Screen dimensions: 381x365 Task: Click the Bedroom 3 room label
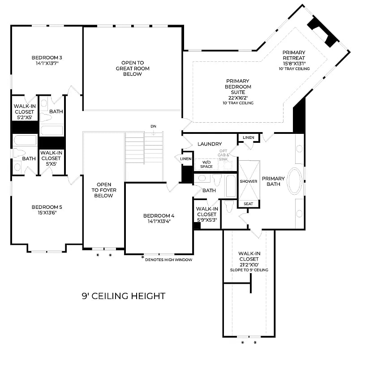pos(47,58)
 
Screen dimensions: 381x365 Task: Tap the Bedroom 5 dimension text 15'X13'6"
pos(47,213)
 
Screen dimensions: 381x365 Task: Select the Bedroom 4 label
pos(159,215)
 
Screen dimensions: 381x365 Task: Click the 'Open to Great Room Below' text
pos(132,68)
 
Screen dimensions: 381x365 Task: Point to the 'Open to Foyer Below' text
pos(104,190)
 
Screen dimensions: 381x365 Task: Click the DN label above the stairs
pos(154,126)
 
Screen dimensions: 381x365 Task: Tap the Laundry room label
pos(210,144)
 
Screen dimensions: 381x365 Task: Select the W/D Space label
pos(206,164)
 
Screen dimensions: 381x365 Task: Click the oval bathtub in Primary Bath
pos(295,181)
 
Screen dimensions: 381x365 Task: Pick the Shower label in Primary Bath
pos(249,181)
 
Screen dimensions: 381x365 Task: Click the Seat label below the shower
pos(249,204)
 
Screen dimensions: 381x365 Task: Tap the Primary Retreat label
pos(294,55)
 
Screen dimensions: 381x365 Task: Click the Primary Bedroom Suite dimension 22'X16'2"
pos(238,98)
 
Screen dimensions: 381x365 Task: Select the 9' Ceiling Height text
pos(124,296)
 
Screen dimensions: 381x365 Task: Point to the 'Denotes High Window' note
pos(169,259)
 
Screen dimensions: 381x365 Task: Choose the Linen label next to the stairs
pos(186,159)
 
